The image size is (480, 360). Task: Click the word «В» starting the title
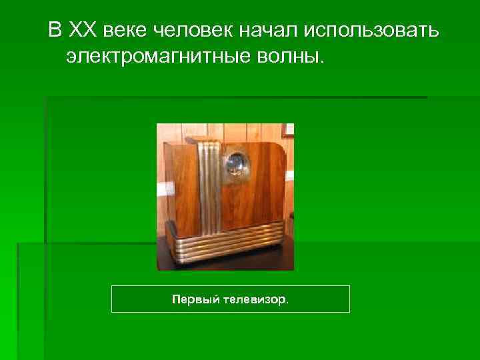point(53,30)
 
